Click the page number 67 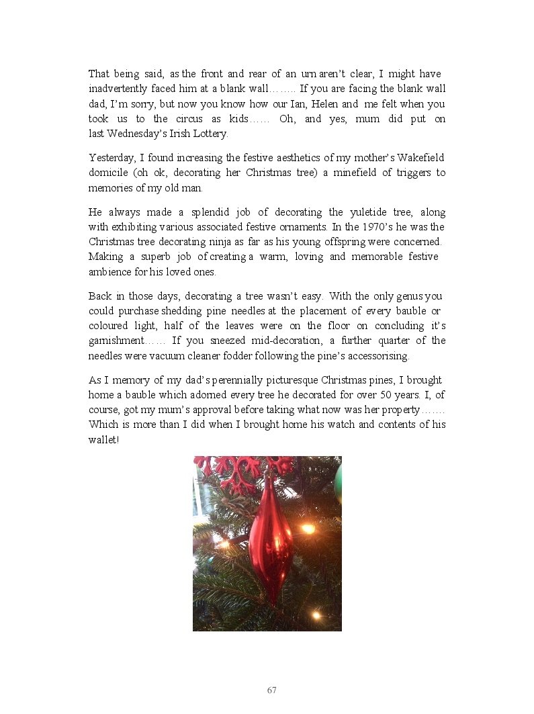pyautogui.click(x=272, y=690)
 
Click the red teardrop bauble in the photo pyautogui.click(x=270, y=537)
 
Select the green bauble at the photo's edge pyautogui.click(x=338, y=484)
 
